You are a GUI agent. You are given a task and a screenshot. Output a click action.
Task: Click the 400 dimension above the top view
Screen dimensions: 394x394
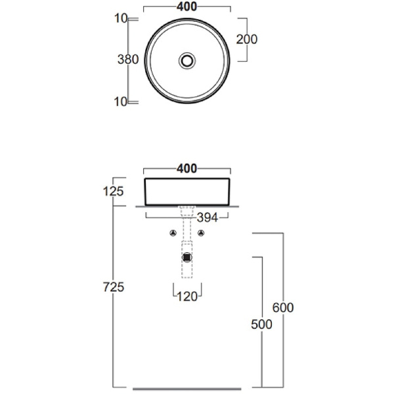pyautogui.click(x=186, y=7)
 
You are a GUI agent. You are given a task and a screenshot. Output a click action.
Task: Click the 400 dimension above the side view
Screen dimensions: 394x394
pyautogui.click(x=186, y=169)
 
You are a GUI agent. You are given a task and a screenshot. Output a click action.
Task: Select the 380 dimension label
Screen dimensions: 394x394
pyautogui.click(x=128, y=60)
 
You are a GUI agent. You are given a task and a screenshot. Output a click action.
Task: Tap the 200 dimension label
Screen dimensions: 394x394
pyautogui.click(x=247, y=39)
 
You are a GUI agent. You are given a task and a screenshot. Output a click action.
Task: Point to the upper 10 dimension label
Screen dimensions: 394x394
pyautogui.click(x=121, y=18)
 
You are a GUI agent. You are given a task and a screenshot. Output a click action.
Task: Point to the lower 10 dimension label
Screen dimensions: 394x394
pyautogui.click(x=121, y=102)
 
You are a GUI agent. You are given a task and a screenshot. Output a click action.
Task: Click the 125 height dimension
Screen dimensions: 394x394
pyautogui.click(x=114, y=192)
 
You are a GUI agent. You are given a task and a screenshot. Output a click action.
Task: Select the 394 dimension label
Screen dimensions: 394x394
pyautogui.click(x=208, y=217)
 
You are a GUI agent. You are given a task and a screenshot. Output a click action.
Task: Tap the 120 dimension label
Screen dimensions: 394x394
pyautogui.click(x=187, y=297)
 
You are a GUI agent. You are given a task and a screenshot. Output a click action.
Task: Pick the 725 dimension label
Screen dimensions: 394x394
pyautogui.click(x=114, y=287)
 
